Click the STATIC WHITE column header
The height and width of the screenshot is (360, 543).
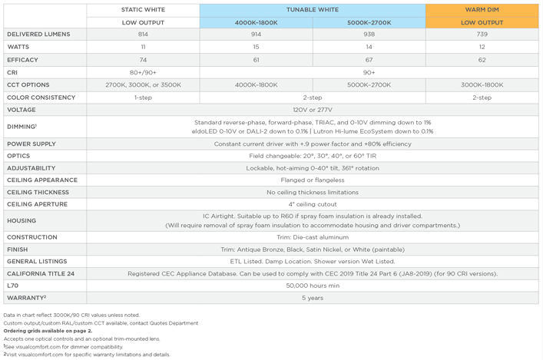coord(143,10)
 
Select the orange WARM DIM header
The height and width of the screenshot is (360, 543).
coord(482,10)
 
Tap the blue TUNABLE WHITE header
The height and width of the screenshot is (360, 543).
coord(312,10)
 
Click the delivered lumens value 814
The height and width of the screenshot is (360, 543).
coord(143,35)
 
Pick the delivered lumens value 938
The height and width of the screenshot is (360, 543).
coord(369,35)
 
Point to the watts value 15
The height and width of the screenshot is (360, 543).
coord(256,47)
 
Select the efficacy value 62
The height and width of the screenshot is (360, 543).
coord(482,60)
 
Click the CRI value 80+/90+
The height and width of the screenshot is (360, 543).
coord(143,72)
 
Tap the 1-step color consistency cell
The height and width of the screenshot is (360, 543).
coord(143,97)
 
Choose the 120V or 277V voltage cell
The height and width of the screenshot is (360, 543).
coord(312,110)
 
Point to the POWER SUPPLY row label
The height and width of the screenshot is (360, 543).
coord(31,144)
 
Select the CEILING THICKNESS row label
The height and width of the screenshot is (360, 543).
coord(38,192)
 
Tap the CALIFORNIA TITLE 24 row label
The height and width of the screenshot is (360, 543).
coord(41,273)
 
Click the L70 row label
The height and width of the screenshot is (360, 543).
coord(12,286)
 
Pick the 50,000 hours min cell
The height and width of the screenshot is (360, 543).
coord(312,286)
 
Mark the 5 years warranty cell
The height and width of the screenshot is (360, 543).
coord(312,298)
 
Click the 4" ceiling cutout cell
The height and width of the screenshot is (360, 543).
coord(312,204)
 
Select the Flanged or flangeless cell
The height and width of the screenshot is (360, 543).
coord(312,180)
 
